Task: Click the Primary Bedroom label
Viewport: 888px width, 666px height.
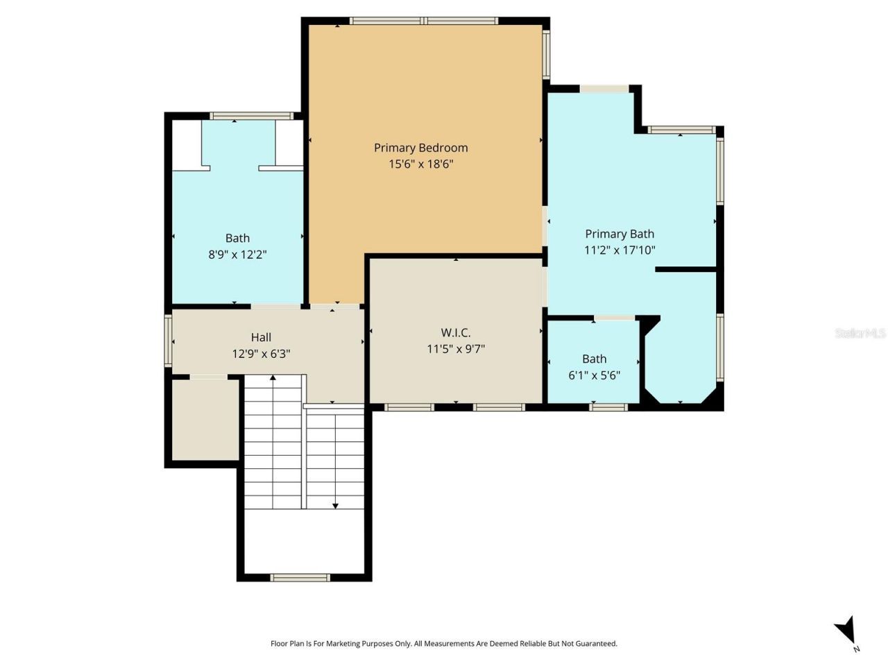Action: pos(420,148)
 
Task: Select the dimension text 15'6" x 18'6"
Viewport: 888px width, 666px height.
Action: pos(420,164)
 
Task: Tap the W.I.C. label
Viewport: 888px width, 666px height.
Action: pos(455,333)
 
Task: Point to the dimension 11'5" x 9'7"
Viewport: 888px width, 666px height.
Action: pos(455,349)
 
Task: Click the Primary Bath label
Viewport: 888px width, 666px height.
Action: pos(619,234)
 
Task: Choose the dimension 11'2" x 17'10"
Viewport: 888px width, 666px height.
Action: pos(619,250)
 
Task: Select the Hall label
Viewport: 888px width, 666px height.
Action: pos(261,337)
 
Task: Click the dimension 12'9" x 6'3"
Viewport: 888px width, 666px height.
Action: pos(261,354)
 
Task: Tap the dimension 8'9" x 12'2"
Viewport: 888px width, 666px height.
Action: pos(237,255)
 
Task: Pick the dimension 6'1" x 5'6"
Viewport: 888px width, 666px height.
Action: pos(594,375)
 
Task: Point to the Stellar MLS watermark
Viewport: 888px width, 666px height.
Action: pos(860,334)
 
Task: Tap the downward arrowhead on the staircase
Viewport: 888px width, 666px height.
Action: pos(335,506)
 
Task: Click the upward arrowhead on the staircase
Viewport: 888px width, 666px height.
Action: pos(273,378)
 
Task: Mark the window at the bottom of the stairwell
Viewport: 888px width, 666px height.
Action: pos(300,577)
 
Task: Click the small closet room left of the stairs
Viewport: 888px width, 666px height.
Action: pos(205,419)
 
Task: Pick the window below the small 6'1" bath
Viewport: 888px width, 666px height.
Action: pos(608,407)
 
